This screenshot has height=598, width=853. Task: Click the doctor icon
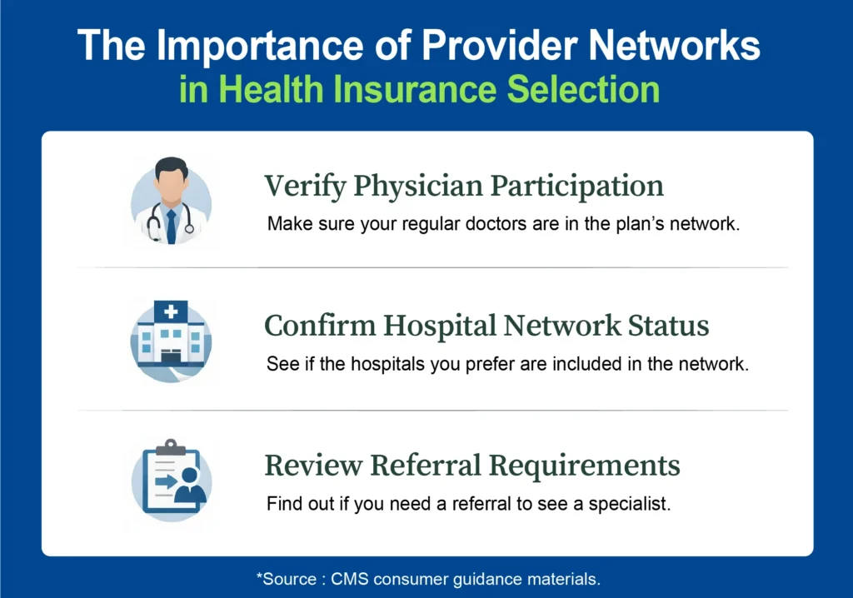click(x=171, y=201)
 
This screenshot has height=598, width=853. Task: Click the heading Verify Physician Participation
click(x=464, y=187)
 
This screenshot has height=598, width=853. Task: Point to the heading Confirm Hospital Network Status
click(x=486, y=326)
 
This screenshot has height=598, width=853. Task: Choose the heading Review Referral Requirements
click(x=472, y=465)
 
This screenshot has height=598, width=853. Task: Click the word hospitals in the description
click(x=393, y=365)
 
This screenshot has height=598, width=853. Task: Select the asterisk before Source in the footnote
click(x=259, y=577)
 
